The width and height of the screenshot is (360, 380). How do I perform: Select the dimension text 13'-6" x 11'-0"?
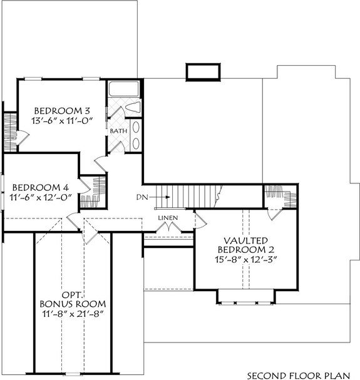pyautogui.click(x=62, y=122)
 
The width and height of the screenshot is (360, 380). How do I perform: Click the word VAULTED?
pyautogui.click(x=246, y=240)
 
